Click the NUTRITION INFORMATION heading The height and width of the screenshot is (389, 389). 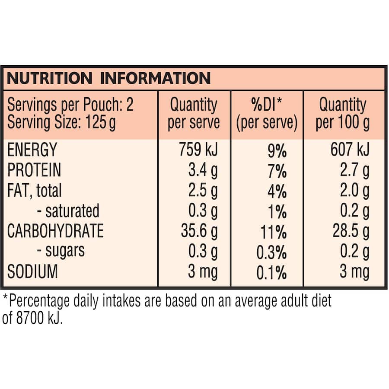coord(109,78)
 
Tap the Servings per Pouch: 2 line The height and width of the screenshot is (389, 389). coord(70,105)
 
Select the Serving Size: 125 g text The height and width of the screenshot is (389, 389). coord(61,122)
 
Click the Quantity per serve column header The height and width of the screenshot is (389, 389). coord(194,114)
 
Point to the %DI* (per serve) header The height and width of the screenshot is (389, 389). coord(267,114)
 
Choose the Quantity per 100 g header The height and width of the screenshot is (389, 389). coord(343,114)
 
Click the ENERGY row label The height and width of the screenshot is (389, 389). coord(32,150)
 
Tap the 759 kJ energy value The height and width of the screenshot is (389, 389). coord(198,149)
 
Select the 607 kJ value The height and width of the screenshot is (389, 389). coord(350,149)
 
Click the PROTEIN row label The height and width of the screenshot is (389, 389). coord(34,170)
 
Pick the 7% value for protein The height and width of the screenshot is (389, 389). coord(277,172)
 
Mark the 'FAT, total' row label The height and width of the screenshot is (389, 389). coord(35,191)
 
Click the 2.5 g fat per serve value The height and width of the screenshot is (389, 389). coord(203,191)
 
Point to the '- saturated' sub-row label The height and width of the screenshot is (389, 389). coord(68,211)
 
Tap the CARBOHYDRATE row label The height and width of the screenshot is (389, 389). coord(56,231)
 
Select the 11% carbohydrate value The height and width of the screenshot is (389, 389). coord(274,233)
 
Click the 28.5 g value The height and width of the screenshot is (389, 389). coord(351,231)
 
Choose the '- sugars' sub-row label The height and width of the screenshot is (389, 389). coord(61,251)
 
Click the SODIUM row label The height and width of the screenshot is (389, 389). coord(32,272)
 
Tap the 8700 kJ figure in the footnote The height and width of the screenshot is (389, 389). coord(39,318)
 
